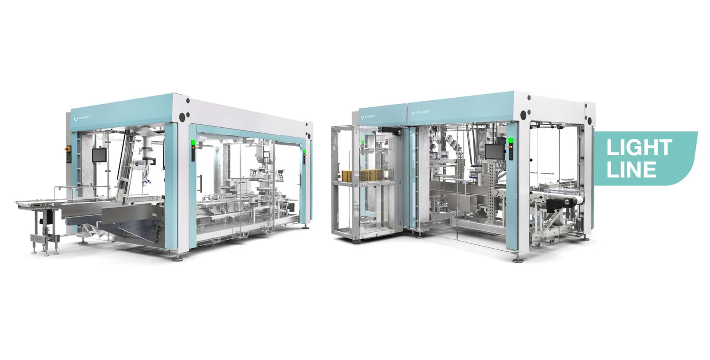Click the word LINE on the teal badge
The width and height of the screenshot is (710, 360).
pyautogui.click(x=631, y=169)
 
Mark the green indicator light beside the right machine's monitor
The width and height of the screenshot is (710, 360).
pyautogui.click(x=511, y=141)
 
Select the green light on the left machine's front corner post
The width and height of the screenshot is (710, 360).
pyautogui.click(x=192, y=143)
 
